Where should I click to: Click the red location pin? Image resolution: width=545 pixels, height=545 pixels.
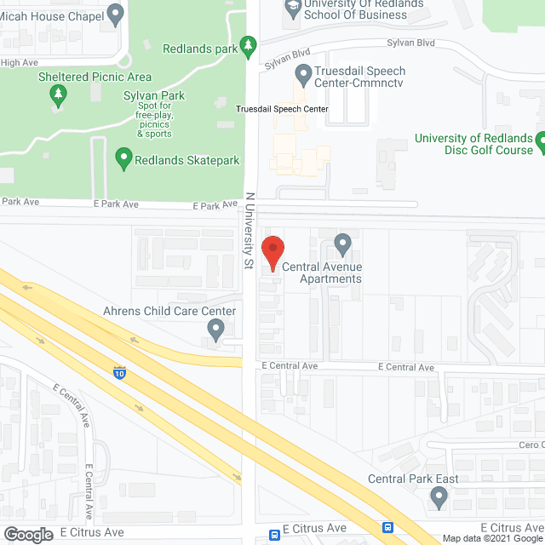coord(272,252)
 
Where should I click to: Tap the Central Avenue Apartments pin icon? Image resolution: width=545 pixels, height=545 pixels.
coord(342,244)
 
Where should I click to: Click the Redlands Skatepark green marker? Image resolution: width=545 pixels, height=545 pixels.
coord(123,158)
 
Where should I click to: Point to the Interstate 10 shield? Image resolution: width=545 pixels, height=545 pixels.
coord(118,372)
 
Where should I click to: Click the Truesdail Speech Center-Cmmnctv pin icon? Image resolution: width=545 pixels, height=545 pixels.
coord(302,72)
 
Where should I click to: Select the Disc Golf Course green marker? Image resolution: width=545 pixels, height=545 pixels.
coord(541,138)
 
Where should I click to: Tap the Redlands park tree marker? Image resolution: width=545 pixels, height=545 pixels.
coord(249,43)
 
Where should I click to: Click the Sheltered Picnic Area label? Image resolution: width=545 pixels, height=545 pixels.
coord(95,77)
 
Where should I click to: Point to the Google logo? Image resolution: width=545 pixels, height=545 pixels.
coord(28,535)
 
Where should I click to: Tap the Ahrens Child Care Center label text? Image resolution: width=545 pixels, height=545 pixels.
coord(169,311)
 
